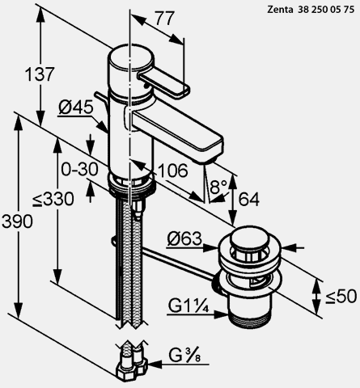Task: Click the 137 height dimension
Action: pyautogui.click(x=40, y=74)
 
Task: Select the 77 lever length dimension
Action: pyautogui.click(x=165, y=19)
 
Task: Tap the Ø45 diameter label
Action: pyautogui.click(x=76, y=108)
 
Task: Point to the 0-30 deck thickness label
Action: pyautogui.click(x=79, y=170)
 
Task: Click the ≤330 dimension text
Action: pyautogui.click(x=53, y=199)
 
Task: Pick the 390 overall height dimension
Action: pyautogui.click(x=17, y=221)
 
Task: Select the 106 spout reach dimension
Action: pyautogui.click(x=173, y=171)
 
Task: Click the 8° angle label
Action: pyautogui.click(x=218, y=187)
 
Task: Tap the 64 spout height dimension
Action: pyautogui.click(x=248, y=200)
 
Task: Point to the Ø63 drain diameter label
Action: pyautogui.click(x=184, y=238)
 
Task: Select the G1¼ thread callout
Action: pyautogui.click(x=188, y=306)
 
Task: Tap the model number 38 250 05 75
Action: pyautogui.click(x=326, y=10)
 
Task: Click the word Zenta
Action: pyautogui.click(x=280, y=10)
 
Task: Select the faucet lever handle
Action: pyautogui.click(x=164, y=82)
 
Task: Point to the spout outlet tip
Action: pyautogui.click(x=208, y=161)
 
